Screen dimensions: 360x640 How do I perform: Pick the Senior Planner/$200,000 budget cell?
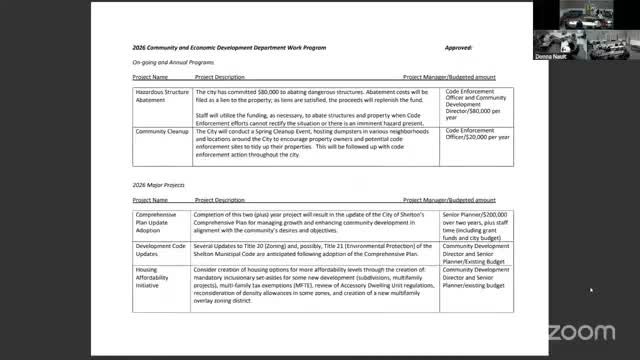[476, 224]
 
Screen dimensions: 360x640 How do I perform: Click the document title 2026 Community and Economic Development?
[240, 47]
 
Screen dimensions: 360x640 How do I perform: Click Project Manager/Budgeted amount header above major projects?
[449, 200]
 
